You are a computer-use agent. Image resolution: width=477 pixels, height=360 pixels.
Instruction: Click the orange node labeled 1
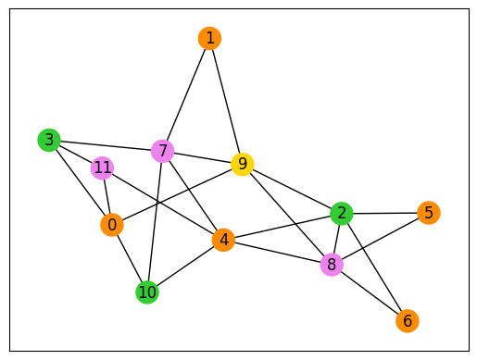pyautogui.click(x=210, y=38)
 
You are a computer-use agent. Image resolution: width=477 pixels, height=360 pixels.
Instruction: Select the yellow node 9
pyautogui.click(x=242, y=165)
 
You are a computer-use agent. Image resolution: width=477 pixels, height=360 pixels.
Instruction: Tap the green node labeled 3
pyautogui.click(x=48, y=140)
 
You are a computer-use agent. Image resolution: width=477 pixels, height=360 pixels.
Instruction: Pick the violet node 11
pyautogui.click(x=103, y=168)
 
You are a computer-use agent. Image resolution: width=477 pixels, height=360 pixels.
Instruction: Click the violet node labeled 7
pyautogui.click(x=163, y=151)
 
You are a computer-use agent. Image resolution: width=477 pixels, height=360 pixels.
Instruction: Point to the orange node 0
pyautogui.click(x=112, y=225)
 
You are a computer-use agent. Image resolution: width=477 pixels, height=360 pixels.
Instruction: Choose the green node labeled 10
pyautogui.click(x=147, y=292)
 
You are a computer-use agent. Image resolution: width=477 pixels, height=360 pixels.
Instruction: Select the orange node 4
pyautogui.click(x=223, y=241)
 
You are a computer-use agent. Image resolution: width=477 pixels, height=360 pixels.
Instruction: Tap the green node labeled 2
pyautogui.click(x=342, y=214)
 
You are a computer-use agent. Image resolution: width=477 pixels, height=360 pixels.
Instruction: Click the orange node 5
pyautogui.click(x=427, y=213)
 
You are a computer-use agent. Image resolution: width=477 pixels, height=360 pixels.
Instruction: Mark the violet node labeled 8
pyautogui.click(x=331, y=266)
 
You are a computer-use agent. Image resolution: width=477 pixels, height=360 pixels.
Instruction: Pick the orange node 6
pyautogui.click(x=407, y=321)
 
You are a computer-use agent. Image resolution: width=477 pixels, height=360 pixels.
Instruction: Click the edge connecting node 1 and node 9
pyautogui.click(x=226, y=102)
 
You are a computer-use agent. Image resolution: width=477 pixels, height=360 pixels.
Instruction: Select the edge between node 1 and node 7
pyautogui.click(x=186, y=94)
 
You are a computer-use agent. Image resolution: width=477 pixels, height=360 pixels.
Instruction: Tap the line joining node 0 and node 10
pyautogui.click(x=130, y=259)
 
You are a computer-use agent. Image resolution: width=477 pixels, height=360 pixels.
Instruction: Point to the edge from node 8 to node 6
pyautogui.click(x=369, y=293)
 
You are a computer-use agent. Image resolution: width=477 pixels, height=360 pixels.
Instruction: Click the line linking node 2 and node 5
pyautogui.click(x=384, y=213)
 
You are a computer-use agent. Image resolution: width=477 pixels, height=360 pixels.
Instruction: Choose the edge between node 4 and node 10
pyautogui.click(x=185, y=267)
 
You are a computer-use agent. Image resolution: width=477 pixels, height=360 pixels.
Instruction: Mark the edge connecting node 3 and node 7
pyautogui.click(x=106, y=145)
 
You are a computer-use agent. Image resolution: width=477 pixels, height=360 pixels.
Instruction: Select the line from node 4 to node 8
pyautogui.click(x=277, y=253)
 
